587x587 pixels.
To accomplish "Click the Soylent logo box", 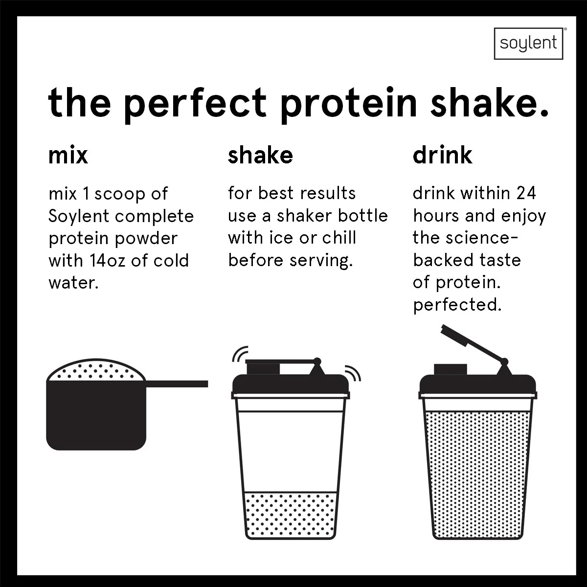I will (528, 44).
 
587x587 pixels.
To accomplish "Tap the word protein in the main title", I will (348, 103).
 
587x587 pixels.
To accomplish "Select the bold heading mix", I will (68, 155).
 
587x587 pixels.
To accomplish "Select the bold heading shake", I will (260, 155).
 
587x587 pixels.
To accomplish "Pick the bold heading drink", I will (442, 155).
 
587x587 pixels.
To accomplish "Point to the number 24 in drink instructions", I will (526, 193).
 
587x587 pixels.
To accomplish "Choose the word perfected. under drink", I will (457, 305).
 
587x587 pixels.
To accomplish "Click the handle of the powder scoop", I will (177, 384).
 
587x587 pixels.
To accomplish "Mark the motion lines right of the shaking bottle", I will (353, 373).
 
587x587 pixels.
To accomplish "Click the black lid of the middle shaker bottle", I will (291, 384).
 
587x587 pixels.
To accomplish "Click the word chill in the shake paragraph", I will (339, 238).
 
